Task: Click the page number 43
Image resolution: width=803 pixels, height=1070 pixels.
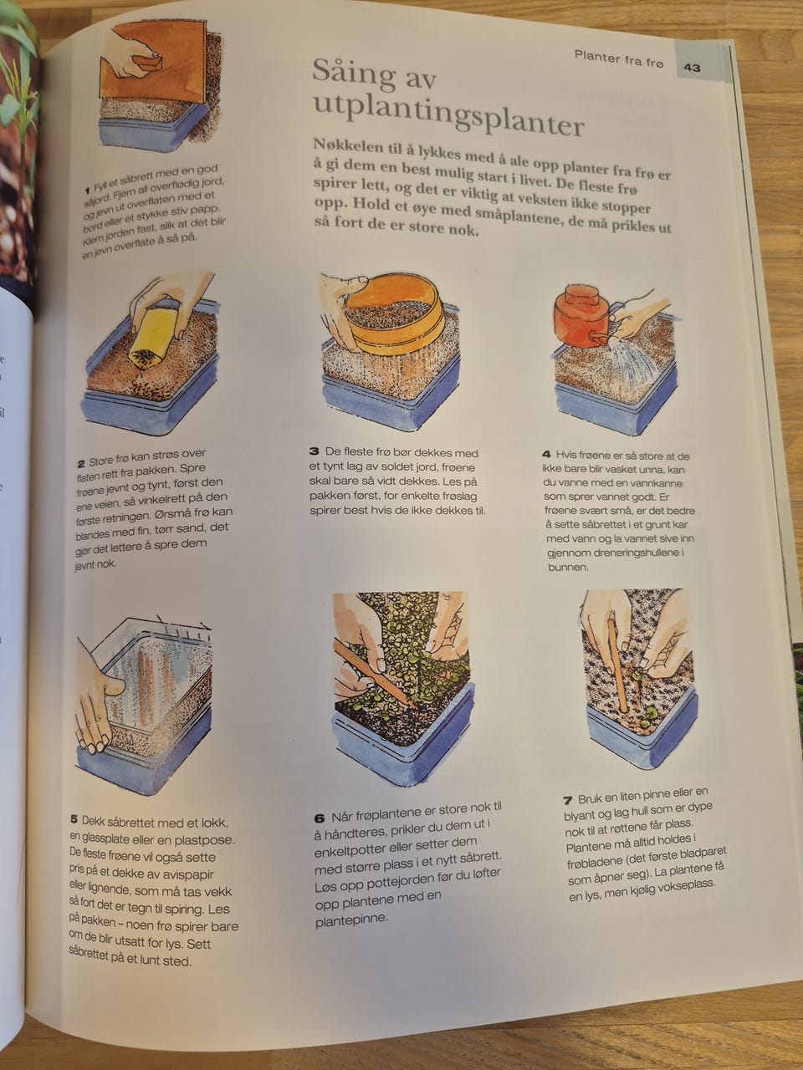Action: (692, 68)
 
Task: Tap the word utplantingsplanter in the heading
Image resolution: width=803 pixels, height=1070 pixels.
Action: (448, 116)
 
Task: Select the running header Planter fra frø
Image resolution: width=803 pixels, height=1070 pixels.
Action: (619, 59)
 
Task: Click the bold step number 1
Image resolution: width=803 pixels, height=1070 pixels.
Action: (87, 190)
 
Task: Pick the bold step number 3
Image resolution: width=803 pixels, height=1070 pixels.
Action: (315, 451)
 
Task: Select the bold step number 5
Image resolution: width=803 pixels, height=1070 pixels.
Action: (74, 819)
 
